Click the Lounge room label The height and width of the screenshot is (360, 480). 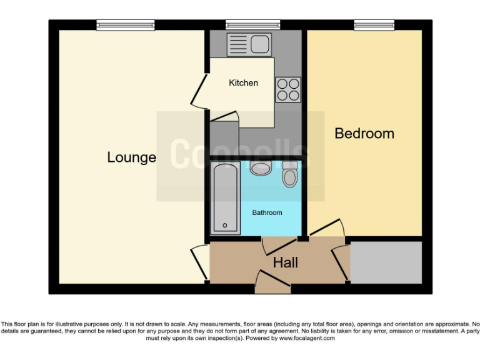click(131, 157)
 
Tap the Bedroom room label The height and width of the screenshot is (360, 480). click(364, 133)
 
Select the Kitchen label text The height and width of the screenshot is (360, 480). click(243, 82)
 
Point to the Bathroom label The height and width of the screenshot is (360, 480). click(267, 212)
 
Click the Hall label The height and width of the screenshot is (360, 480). click(285, 263)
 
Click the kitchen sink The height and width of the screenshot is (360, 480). click(249, 44)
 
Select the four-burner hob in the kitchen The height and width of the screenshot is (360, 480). click(287, 89)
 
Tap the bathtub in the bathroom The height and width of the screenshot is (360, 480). click(226, 197)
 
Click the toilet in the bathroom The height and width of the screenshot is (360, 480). click(290, 175)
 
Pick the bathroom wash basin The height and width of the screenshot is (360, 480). click(259, 167)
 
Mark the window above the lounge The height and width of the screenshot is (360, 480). click(126, 25)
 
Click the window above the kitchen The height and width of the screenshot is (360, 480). click(253, 25)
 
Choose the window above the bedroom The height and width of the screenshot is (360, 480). click(374, 25)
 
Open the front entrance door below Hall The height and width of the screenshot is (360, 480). click(273, 284)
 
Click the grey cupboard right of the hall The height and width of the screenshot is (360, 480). click(386, 263)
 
